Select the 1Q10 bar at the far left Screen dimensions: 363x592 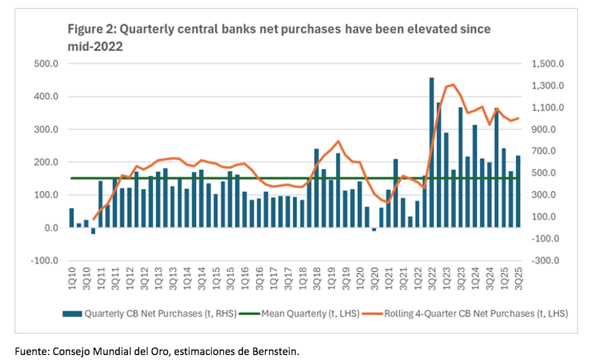tap(71, 218)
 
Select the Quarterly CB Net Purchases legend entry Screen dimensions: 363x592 tap(145, 313)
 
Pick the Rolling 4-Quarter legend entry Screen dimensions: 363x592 tap(468, 313)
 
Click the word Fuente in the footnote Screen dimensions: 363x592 tap(32, 350)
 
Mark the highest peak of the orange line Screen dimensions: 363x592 tap(453, 84)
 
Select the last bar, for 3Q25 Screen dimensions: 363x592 tap(519, 192)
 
